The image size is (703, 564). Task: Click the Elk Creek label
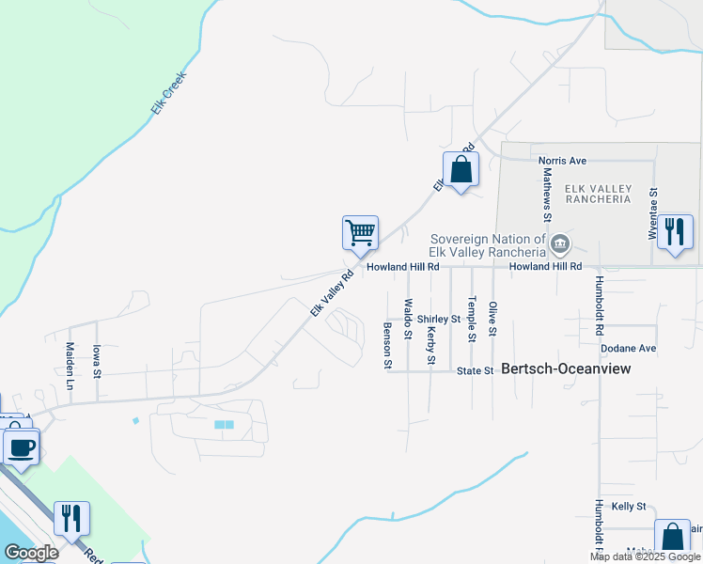pyautogui.click(x=169, y=93)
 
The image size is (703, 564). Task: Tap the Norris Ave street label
pyautogui.click(x=562, y=161)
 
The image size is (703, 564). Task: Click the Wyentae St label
pyautogui.click(x=653, y=212)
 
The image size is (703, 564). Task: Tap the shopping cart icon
pyautogui.click(x=360, y=232)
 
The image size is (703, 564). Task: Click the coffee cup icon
pyautogui.click(x=21, y=446)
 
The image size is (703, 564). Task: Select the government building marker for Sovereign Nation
pyautogui.click(x=559, y=245)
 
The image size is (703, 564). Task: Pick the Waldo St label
pyautogui.click(x=408, y=319)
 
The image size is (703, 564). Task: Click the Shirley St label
pyautogui.click(x=439, y=319)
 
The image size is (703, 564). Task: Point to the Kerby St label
pyautogui.click(x=431, y=345)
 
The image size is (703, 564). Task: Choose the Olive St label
pyautogui.click(x=492, y=320)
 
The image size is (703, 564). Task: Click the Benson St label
pyautogui.click(x=387, y=345)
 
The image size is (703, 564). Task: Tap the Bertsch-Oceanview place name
pyautogui.click(x=566, y=369)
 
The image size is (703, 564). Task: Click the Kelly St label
pyautogui.click(x=629, y=506)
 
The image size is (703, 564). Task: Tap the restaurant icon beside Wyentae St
pyautogui.click(x=675, y=230)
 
